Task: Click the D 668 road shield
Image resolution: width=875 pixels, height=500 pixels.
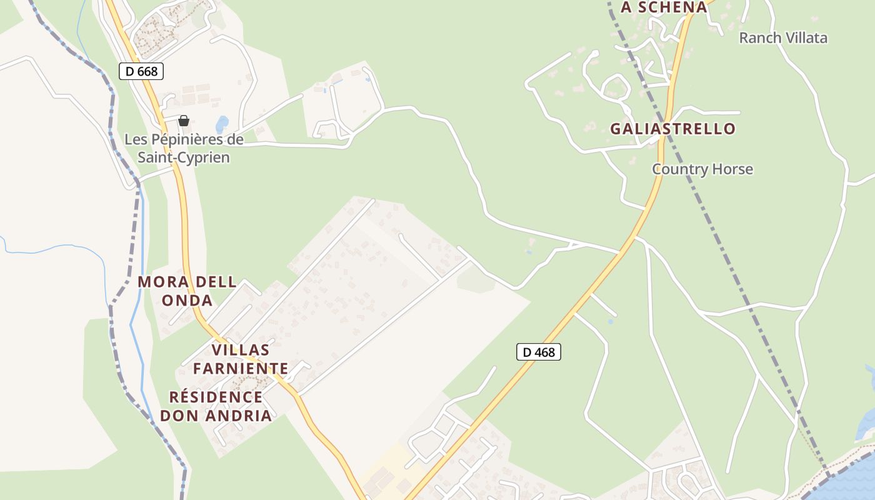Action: [x=141, y=71]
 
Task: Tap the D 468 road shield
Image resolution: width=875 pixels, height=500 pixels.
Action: [x=539, y=352]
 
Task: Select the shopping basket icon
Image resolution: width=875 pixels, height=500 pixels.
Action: [x=184, y=121]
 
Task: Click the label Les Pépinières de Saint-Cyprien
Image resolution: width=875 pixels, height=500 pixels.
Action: [x=184, y=148]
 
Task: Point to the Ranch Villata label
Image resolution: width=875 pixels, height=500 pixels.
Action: [x=783, y=37]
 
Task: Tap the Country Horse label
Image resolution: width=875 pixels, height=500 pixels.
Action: [x=702, y=169]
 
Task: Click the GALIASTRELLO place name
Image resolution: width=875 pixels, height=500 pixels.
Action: [x=672, y=129]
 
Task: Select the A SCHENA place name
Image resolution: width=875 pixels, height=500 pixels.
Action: [x=664, y=7]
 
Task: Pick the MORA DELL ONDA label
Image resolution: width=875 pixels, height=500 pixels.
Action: [x=187, y=291]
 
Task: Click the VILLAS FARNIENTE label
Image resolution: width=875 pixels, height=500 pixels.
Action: [x=241, y=359]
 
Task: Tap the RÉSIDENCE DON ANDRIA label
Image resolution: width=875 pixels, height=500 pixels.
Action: [x=216, y=406]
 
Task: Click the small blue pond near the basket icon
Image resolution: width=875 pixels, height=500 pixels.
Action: [x=222, y=122]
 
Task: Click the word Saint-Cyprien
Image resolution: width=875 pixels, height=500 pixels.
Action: [x=184, y=157]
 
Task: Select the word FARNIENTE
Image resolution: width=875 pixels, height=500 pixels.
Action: [x=241, y=368]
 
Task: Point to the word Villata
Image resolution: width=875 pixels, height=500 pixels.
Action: [x=806, y=37]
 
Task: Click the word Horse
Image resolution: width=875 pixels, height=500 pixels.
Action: [x=732, y=169]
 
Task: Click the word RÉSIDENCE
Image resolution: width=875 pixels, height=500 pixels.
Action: [x=216, y=397]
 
